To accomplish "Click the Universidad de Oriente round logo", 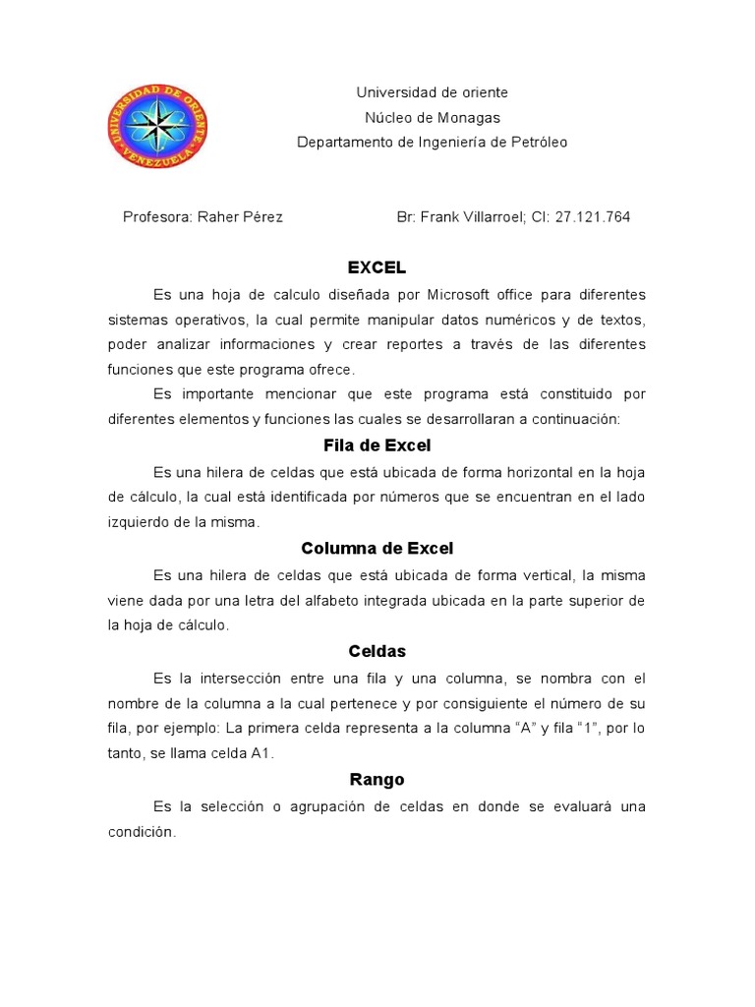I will (x=157, y=126).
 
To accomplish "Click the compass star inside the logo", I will (x=157, y=126).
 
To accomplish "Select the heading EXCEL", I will (x=377, y=267).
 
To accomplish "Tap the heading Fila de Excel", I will (x=377, y=445).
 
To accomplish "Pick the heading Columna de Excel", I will (x=377, y=548).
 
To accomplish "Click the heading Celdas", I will (x=377, y=651).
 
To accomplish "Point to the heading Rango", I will (x=377, y=780).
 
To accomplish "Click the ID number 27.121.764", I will (x=593, y=217).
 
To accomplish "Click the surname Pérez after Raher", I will (x=262, y=217).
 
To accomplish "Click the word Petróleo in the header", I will (x=536, y=142).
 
